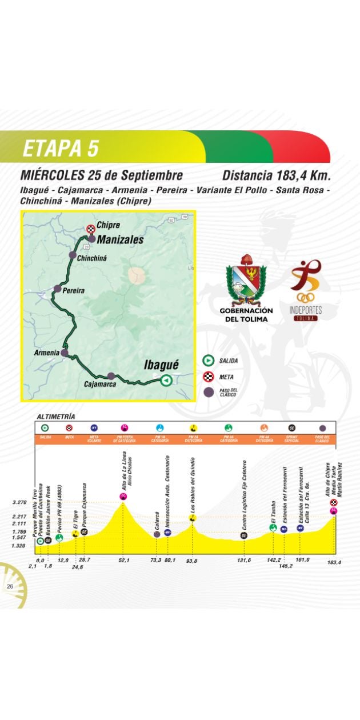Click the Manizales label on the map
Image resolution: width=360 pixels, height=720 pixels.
click(119, 240)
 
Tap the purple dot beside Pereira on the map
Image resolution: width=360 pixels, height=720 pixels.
click(57, 289)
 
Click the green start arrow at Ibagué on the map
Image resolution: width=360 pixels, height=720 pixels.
click(165, 380)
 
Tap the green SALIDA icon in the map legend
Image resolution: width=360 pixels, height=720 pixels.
click(208, 361)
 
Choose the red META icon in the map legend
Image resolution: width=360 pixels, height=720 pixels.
click(208, 377)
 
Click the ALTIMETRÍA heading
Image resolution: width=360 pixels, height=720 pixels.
click(55, 417)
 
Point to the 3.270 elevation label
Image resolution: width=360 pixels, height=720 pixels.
click(19, 502)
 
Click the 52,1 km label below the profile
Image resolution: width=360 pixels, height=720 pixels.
click(123, 560)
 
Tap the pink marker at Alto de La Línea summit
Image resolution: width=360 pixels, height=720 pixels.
click(123, 496)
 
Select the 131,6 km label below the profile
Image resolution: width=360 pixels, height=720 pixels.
click(244, 560)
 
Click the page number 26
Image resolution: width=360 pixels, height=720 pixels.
click(10, 586)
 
